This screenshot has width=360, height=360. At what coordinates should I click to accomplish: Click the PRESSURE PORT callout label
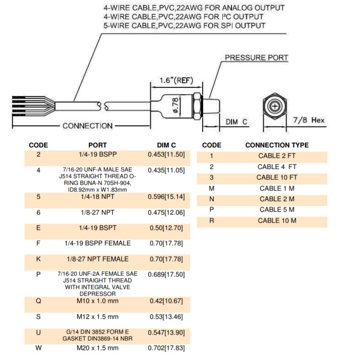click(x=257, y=58)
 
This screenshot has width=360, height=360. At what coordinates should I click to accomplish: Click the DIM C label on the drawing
click(x=237, y=122)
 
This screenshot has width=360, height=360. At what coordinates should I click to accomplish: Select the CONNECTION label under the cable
click(x=87, y=126)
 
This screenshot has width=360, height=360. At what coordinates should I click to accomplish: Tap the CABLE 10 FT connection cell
click(x=277, y=178)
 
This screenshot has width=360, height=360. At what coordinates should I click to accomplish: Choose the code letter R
click(x=212, y=221)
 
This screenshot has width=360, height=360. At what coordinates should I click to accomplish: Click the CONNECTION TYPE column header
click(x=277, y=145)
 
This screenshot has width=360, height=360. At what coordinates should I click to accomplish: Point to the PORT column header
click(x=97, y=145)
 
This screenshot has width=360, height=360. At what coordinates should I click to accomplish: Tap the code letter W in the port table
click(x=38, y=348)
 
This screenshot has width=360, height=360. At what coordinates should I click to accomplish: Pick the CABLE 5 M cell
click(x=277, y=210)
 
